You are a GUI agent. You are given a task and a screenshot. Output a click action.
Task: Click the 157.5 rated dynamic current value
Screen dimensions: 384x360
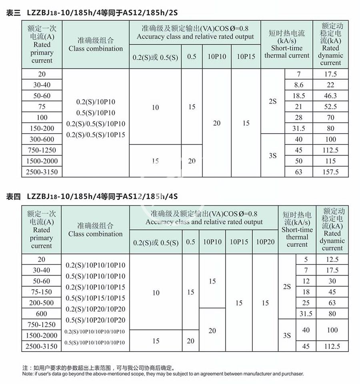(x=330, y=172)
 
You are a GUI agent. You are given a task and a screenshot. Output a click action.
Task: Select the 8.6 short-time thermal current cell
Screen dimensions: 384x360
(x=298, y=85)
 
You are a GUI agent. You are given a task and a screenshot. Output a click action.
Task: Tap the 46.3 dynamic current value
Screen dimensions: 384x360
(x=330, y=96)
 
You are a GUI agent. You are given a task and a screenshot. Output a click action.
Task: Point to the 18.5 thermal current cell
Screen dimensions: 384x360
(x=298, y=96)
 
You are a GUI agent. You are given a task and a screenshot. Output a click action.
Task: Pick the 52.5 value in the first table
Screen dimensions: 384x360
(x=330, y=107)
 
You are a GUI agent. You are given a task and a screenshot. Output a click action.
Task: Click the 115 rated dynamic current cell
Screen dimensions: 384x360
(x=330, y=161)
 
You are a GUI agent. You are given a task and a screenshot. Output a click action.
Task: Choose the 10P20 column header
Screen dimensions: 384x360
(x=265, y=242)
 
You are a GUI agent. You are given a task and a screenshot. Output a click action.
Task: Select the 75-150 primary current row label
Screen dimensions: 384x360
(x=42, y=292)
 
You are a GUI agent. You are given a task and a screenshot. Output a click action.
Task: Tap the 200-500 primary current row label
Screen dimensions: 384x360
(x=42, y=303)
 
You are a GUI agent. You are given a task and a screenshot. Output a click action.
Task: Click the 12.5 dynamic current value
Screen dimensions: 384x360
(x=332, y=259)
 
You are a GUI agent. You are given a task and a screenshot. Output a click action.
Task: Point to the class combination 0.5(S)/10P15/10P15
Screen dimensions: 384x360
(x=95, y=298)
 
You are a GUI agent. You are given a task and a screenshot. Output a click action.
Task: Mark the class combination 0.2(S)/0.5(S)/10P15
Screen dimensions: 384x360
(x=96, y=135)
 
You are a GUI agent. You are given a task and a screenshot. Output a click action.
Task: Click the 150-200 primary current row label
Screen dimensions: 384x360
(x=42, y=128)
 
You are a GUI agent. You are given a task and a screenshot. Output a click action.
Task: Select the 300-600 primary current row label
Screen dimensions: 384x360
(x=42, y=139)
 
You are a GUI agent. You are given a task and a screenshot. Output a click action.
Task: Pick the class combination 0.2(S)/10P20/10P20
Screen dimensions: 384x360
(x=95, y=309)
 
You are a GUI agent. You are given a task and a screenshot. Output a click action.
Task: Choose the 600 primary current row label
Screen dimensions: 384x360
(x=42, y=314)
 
